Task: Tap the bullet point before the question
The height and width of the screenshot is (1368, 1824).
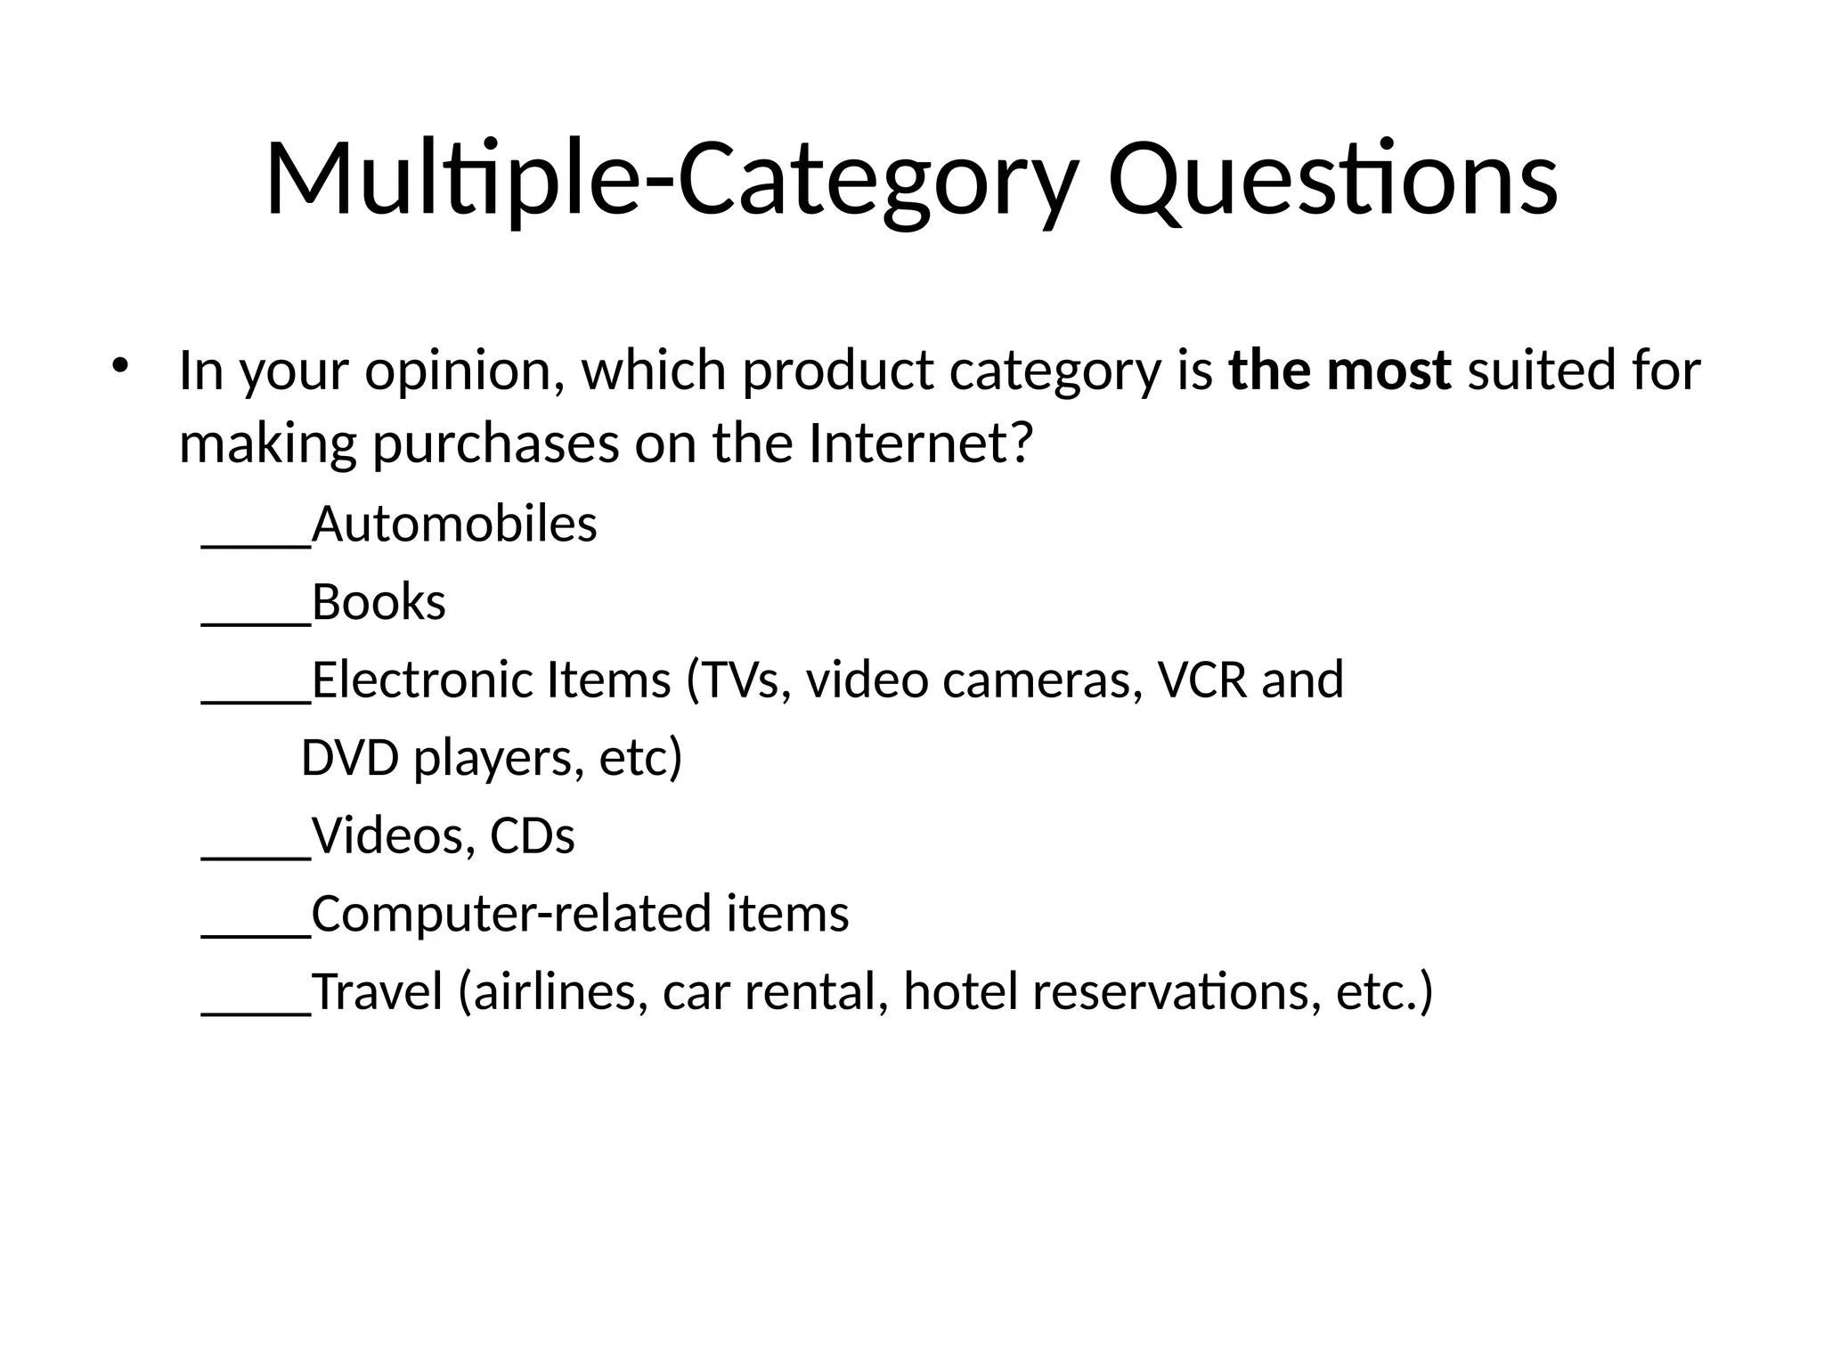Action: click(x=121, y=365)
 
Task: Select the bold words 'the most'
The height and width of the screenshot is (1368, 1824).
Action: click(x=1339, y=370)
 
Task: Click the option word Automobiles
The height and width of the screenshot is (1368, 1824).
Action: click(x=454, y=524)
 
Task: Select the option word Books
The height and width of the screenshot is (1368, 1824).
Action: click(x=379, y=602)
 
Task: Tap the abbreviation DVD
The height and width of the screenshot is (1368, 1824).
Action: click(x=350, y=758)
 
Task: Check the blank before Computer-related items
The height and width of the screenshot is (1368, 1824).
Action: click(x=256, y=933)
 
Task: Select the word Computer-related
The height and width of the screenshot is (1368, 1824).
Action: click(x=512, y=915)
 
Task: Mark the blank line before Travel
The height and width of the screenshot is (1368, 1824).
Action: click(x=256, y=1011)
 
